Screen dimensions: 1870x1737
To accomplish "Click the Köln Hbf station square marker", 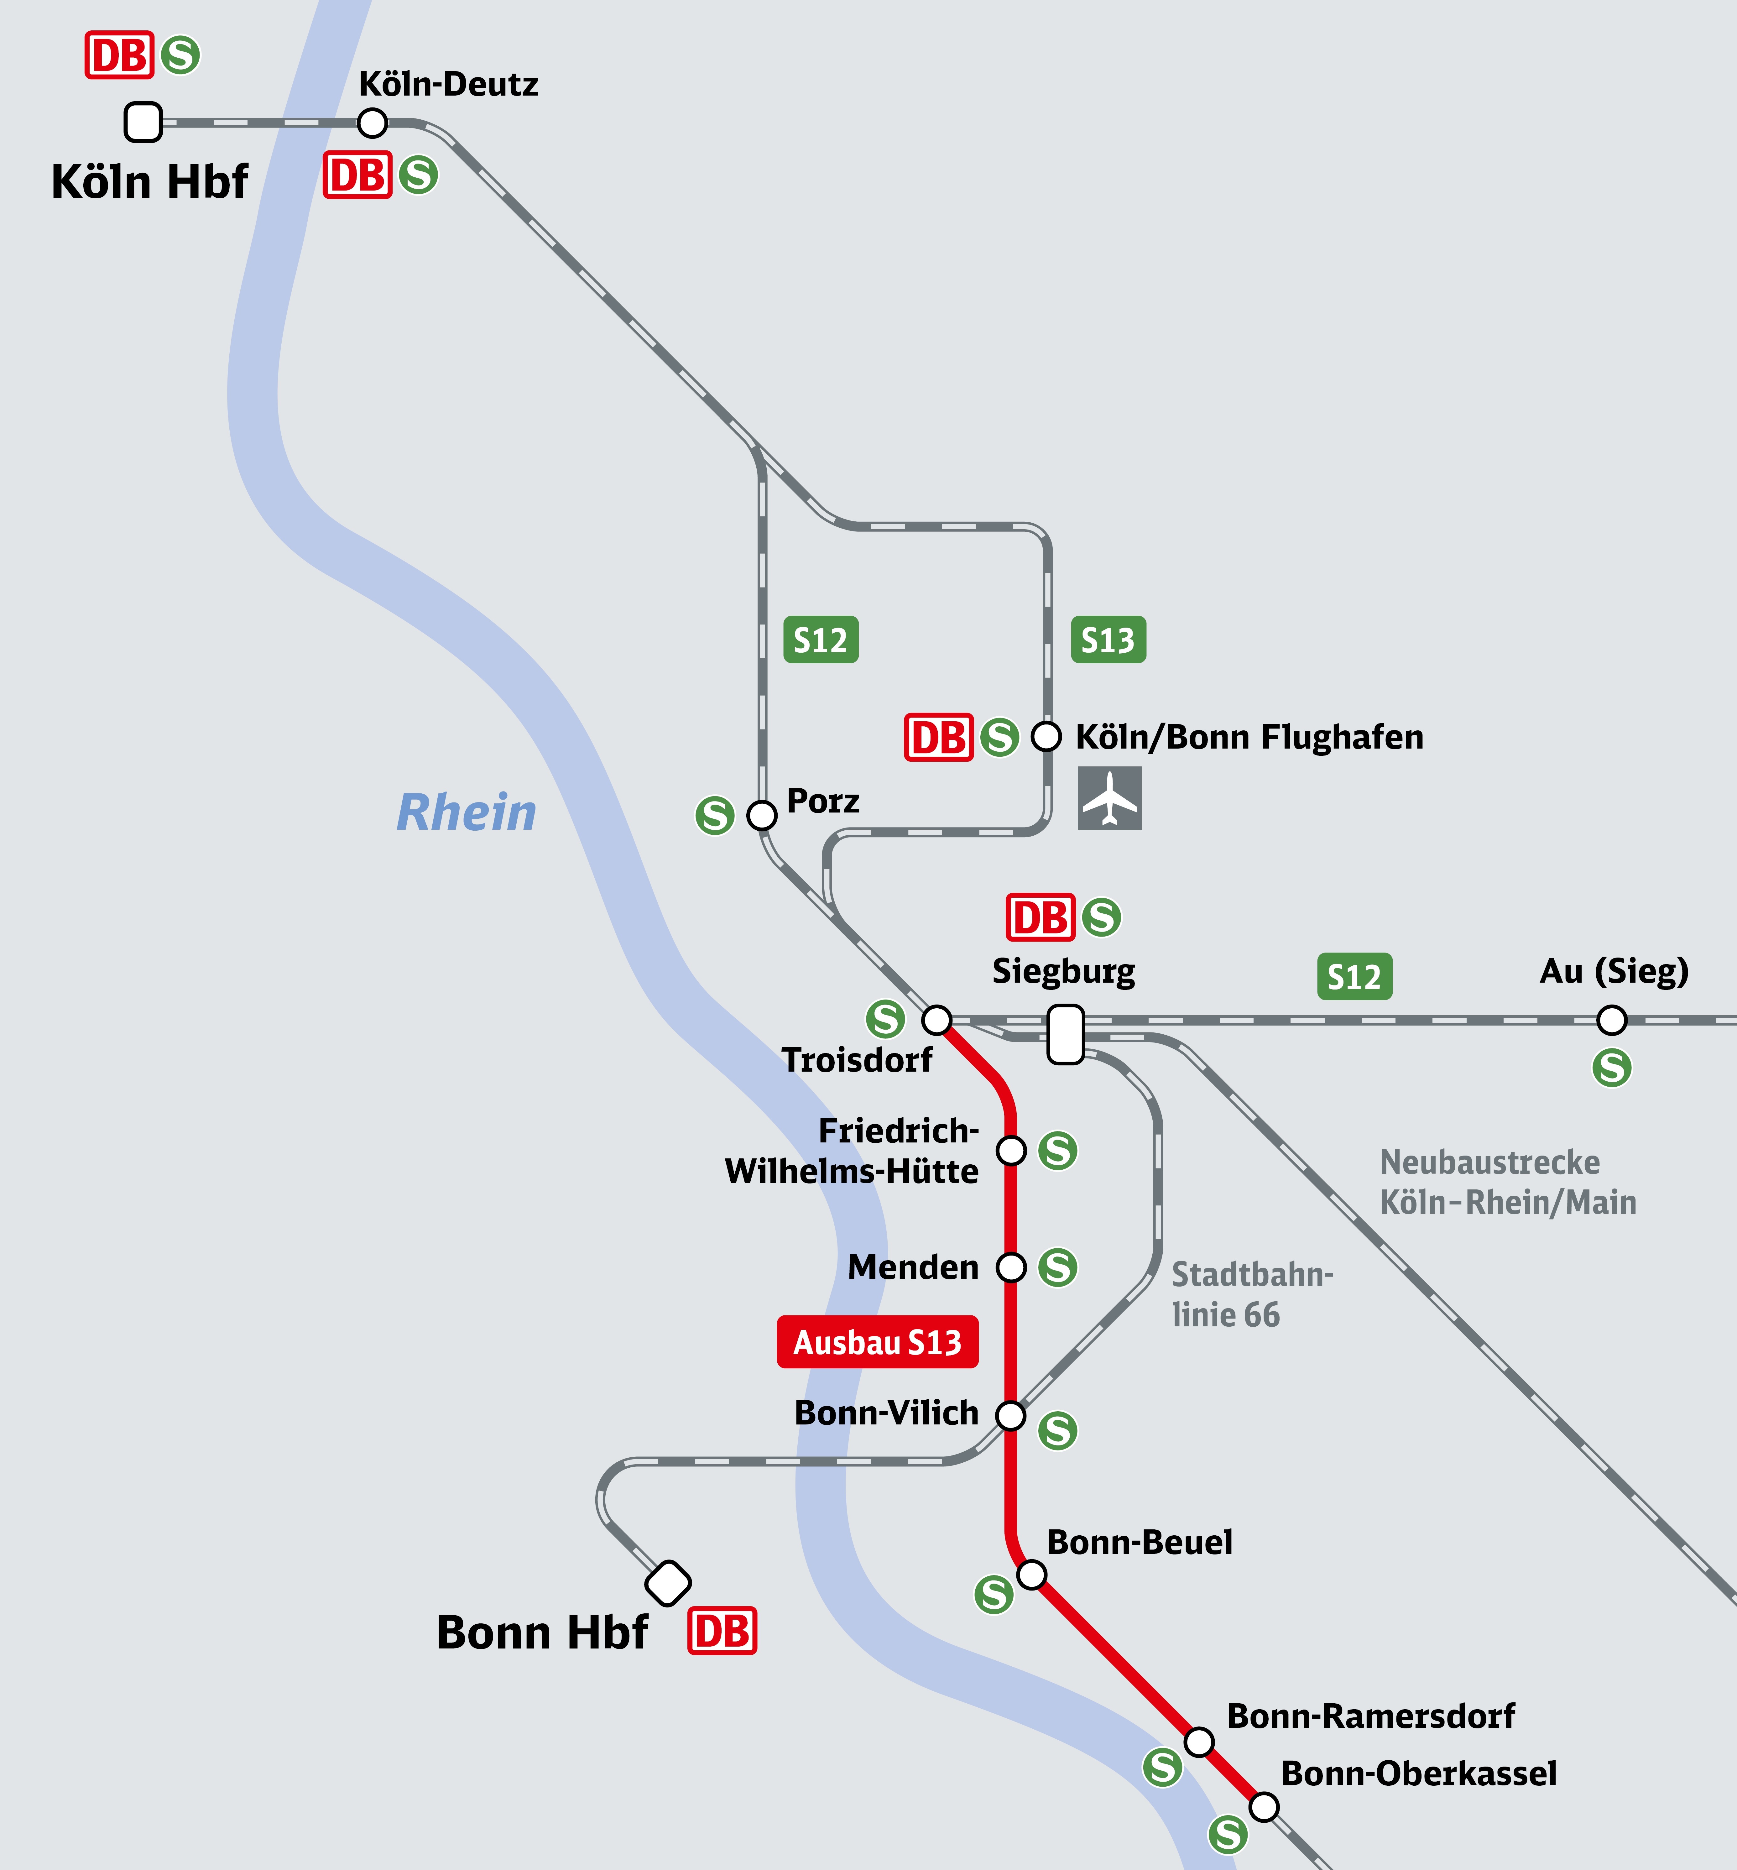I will [143, 122].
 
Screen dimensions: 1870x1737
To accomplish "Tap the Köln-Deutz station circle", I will [372, 122].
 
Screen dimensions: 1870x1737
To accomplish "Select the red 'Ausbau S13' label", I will [877, 1342].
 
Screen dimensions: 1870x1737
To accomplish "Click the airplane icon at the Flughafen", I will [1109, 798].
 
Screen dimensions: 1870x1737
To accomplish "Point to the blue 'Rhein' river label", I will [466, 812].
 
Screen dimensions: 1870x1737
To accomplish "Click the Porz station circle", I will [761, 815].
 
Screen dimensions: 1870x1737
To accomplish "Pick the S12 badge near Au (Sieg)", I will [1354, 977].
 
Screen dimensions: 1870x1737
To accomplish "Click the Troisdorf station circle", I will [936, 1019].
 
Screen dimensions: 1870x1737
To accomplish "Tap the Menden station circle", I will [1010, 1267].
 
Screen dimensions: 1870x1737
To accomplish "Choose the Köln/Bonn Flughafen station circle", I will [1046, 736].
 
